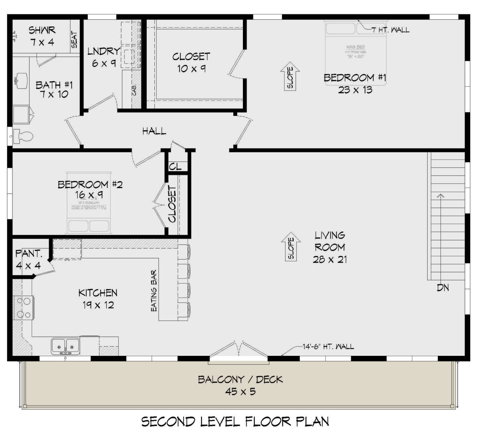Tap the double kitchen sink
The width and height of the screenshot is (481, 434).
[65, 345]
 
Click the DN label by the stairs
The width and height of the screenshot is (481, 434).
[443, 288]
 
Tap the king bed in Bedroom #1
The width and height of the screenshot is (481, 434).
[356, 44]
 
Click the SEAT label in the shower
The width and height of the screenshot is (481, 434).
[75, 40]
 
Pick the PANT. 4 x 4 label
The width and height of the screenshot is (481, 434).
[28, 260]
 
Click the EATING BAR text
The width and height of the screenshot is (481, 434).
[154, 291]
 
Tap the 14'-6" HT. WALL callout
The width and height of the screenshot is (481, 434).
[328, 346]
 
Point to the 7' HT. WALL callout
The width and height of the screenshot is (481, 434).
[390, 30]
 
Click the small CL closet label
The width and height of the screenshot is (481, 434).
[176, 166]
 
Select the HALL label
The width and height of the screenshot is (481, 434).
[154, 131]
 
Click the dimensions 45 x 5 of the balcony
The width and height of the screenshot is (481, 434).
[240, 391]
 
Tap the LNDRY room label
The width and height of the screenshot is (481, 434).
[103, 51]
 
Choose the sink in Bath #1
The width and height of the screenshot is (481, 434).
[20, 81]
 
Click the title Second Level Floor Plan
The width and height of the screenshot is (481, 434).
[235, 422]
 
